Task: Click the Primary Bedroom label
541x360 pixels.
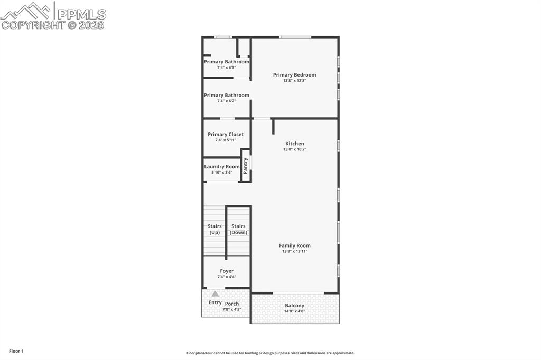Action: pyautogui.click(x=294, y=75)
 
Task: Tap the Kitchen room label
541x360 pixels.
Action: pyautogui.click(x=294, y=144)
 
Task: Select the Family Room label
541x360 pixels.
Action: pyautogui.click(x=294, y=245)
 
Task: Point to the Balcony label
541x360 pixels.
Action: pyautogui.click(x=294, y=306)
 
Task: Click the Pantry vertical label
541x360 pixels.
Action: pyautogui.click(x=246, y=166)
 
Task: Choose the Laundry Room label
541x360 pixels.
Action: pyautogui.click(x=222, y=167)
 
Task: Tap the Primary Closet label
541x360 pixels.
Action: pyautogui.click(x=226, y=135)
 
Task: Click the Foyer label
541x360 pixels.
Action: pyautogui.click(x=226, y=271)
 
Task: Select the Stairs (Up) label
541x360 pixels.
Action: pyautogui.click(x=214, y=229)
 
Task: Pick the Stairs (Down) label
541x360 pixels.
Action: pyautogui.click(x=238, y=229)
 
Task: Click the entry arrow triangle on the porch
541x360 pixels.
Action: pyautogui.click(x=215, y=293)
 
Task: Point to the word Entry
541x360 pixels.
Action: pyautogui.click(x=215, y=302)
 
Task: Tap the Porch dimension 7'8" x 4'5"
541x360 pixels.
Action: pyautogui.click(x=232, y=309)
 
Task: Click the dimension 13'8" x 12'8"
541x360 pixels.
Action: pyautogui.click(x=294, y=81)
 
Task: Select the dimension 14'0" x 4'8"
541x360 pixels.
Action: pyautogui.click(x=294, y=311)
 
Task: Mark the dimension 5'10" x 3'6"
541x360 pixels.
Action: pyautogui.click(x=222, y=173)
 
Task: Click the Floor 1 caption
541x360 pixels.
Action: pyautogui.click(x=16, y=351)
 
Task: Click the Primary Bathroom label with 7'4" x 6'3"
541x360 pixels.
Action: pyautogui.click(x=226, y=62)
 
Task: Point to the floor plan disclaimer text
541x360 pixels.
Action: pyautogui.click(x=270, y=353)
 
